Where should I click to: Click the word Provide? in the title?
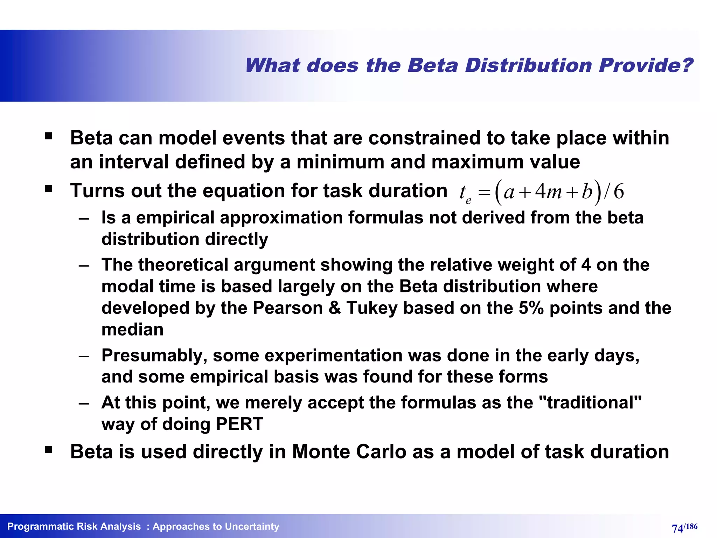pos(645,65)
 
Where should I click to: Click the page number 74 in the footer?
pos(677,528)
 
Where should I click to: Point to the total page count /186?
pos(691,526)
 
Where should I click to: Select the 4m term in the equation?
pos(548,192)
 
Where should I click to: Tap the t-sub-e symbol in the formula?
pos(465,193)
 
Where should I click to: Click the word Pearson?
pos(287,308)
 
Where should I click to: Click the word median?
pos(132,330)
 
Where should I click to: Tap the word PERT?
pos(239,424)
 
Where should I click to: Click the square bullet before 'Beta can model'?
pos(48,136)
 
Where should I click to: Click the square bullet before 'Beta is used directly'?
pos(48,450)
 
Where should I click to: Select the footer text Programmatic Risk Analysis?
pos(74,526)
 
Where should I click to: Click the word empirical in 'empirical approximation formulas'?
pos(177,218)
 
